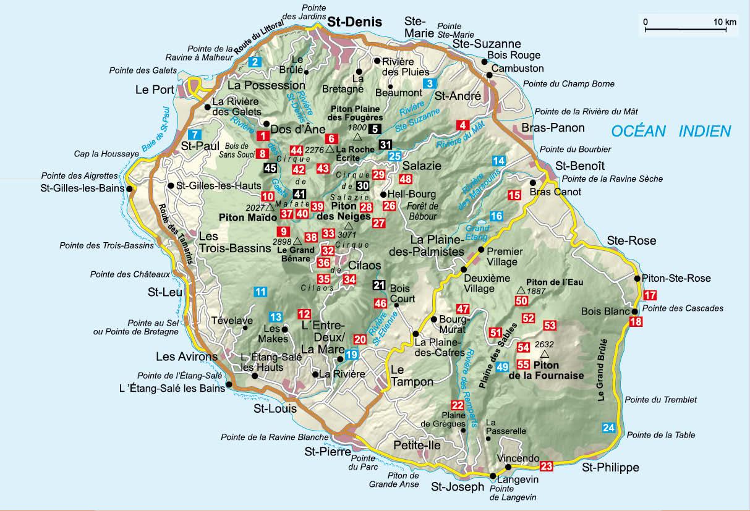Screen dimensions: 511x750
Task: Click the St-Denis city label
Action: click(x=354, y=22)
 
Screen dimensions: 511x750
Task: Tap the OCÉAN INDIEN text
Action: click(x=670, y=130)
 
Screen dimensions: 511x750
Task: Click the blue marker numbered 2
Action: click(x=255, y=61)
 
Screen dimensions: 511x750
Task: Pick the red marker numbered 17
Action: click(x=649, y=295)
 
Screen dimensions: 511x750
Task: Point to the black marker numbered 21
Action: click(x=379, y=285)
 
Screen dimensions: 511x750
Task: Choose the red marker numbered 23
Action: click(x=546, y=466)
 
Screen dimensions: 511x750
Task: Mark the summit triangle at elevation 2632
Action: click(x=544, y=355)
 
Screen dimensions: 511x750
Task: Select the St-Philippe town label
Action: click(x=610, y=468)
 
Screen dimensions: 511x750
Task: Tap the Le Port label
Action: click(x=155, y=90)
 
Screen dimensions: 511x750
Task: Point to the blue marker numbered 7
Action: click(x=195, y=135)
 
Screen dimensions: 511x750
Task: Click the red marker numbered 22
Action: click(x=458, y=405)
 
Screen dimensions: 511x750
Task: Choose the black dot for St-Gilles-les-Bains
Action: click(x=129, y=189)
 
